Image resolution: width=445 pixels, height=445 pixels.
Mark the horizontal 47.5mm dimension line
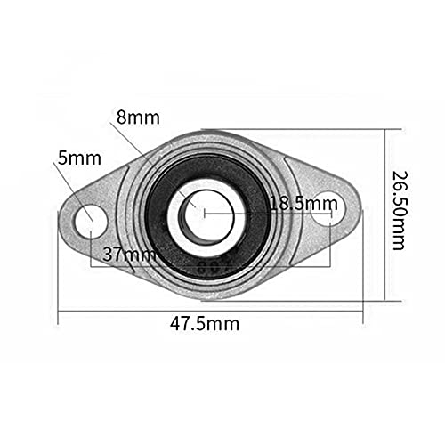[133, 311]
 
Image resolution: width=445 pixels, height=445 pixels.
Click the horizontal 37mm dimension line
[267, 264]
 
